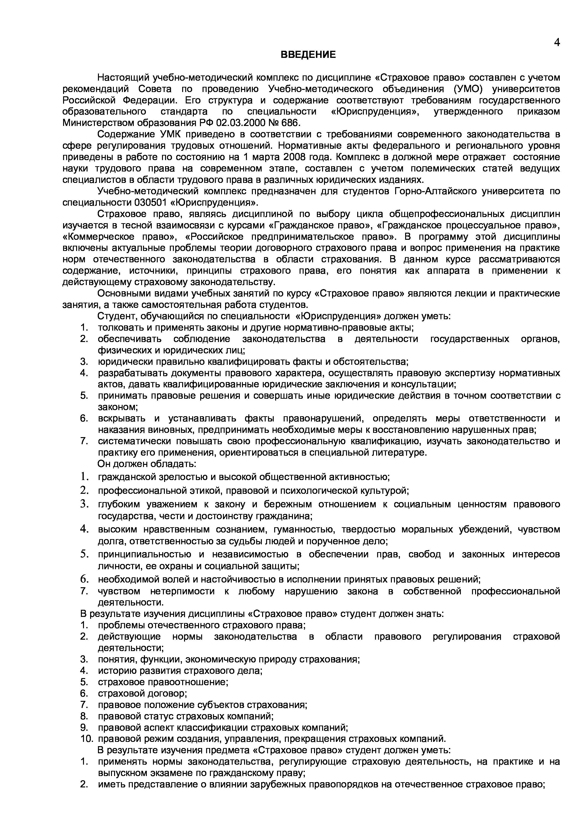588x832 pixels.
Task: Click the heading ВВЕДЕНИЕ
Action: [308, 55]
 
